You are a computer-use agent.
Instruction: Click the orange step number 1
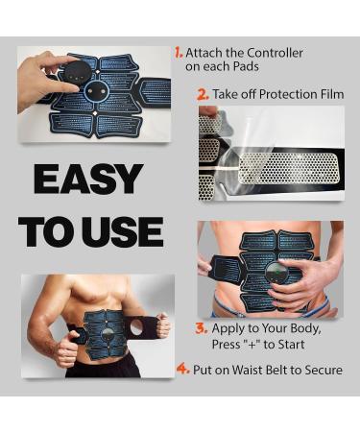tap(179, 52)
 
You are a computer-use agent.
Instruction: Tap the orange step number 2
tap(203, 93)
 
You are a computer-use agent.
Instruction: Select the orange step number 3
tap(202, 327)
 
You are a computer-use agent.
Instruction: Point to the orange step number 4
tap(180, 369)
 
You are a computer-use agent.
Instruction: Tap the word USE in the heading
tap(127, 231)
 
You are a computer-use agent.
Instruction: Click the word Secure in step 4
tap(319, 370)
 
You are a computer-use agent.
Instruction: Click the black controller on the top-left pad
tap(76, 71)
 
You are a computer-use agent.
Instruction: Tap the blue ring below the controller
tap(96, 91)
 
